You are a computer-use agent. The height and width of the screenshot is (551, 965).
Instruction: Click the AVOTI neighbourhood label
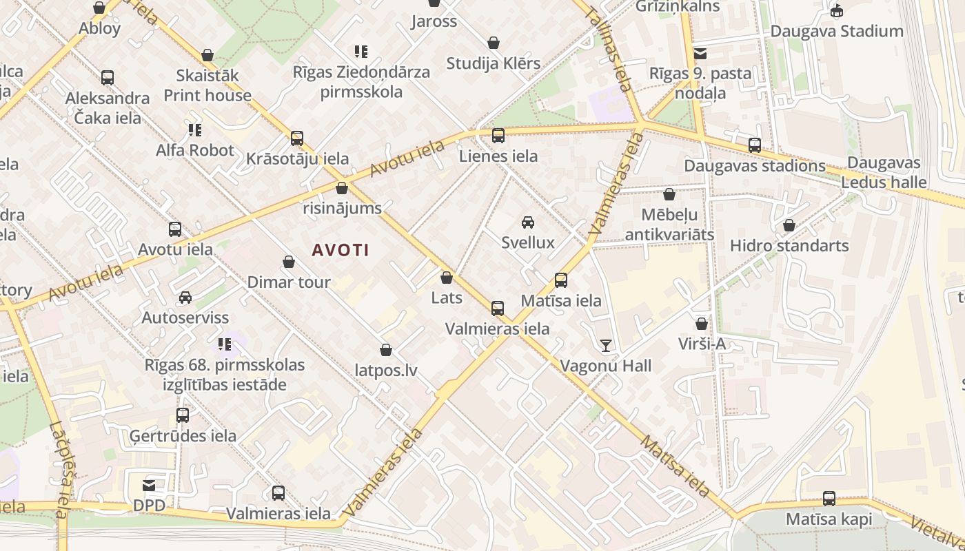click(x=341, y=250)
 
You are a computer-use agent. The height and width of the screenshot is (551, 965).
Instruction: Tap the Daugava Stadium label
click(x=837, y=31)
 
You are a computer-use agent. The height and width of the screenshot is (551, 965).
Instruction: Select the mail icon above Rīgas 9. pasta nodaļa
click(x=700, y=54)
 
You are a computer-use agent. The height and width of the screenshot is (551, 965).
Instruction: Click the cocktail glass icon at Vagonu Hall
click(x=606, y=346)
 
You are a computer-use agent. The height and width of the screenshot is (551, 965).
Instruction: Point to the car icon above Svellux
click(x=528, y=222)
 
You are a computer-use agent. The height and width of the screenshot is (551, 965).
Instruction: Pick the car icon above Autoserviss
click(x=185, y=298)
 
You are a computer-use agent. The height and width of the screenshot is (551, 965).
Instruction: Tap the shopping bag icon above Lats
click(x=447, y=278)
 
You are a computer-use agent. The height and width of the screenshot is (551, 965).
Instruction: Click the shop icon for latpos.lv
click(x=386, y=351)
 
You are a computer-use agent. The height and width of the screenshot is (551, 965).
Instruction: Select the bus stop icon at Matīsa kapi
click(x=829, y=499)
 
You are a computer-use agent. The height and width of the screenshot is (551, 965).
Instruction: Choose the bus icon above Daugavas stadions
click(x=755, y=145)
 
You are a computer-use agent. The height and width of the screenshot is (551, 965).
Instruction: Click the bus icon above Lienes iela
click(x=498, y=136)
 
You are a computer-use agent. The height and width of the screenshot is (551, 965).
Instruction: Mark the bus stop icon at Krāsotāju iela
click(x=297, y=138)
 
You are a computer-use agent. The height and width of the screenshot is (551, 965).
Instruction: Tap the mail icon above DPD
click(x=149, y=486)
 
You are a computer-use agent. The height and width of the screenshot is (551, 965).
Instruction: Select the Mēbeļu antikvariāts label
click(x=669, y=225)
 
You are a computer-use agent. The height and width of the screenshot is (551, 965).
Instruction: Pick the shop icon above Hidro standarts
click(x=789, y=225)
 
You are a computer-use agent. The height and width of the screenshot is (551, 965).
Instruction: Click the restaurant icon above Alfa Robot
click(x=195, y=129)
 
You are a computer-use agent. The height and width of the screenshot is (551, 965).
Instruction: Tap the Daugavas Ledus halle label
click(x=884, y=173)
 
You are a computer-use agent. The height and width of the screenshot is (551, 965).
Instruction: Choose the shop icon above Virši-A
click(x=702, y=324)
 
